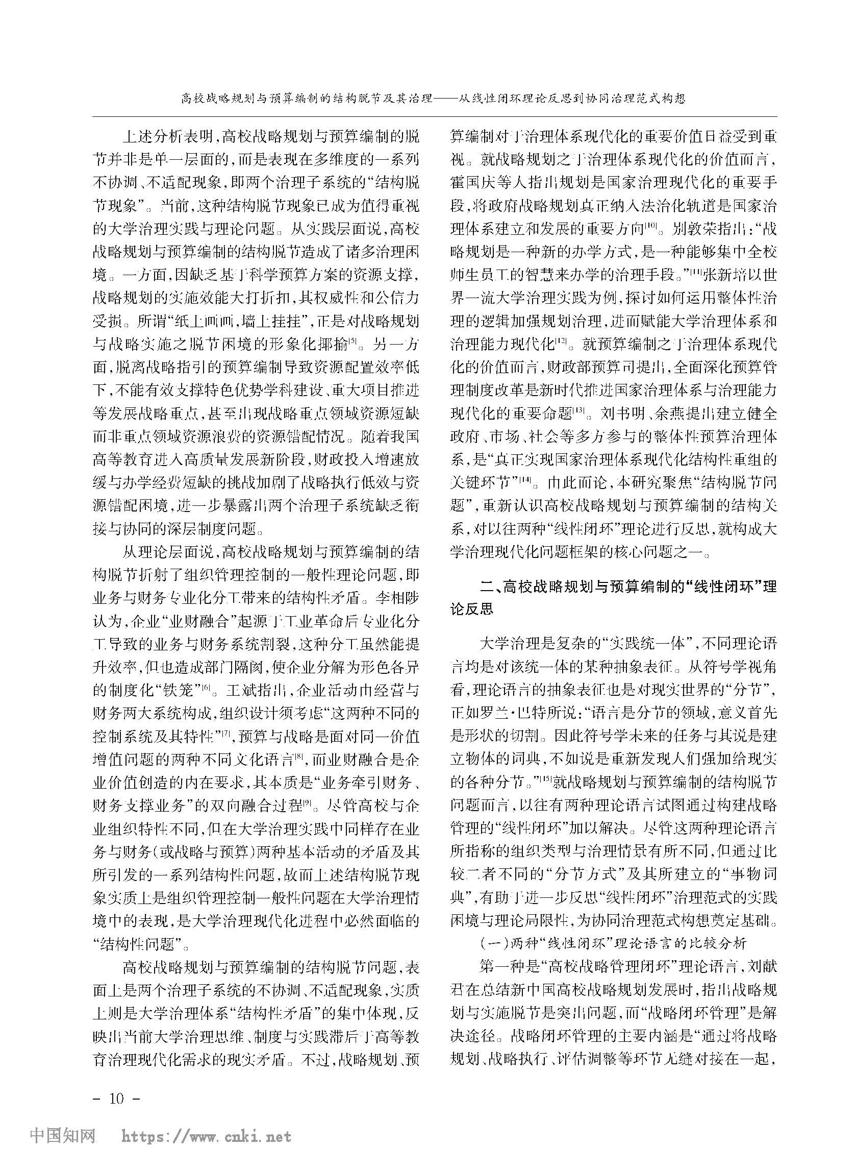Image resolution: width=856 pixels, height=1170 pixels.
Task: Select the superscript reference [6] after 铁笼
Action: [x=206, y=688]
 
